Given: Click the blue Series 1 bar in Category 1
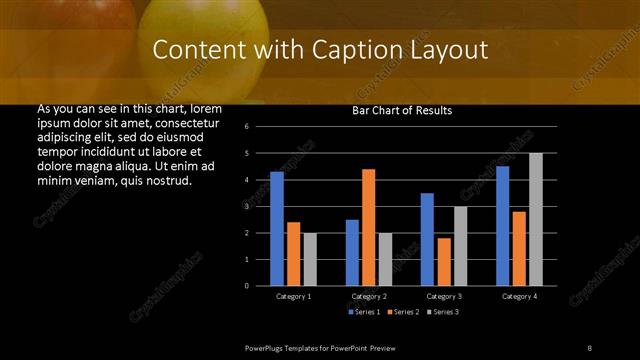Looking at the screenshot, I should (277, 229).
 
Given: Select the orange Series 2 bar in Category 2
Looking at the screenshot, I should (369, 227).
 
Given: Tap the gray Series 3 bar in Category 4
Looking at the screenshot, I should (535, 219).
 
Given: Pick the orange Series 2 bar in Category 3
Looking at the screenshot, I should (444, 262).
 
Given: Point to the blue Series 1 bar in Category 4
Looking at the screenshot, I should (502, 226).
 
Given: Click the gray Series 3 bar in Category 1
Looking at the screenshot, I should (310, 259).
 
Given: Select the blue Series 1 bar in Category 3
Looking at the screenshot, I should (427, 239).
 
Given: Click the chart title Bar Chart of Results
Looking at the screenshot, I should (402, 110).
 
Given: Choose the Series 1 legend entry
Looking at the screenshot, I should (363, 313).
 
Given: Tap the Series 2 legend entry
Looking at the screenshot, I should (402, 313).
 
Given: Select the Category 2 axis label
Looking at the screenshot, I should (369, 297).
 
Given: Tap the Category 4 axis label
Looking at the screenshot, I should (518, 297).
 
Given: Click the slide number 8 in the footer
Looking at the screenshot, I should (589, 347).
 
